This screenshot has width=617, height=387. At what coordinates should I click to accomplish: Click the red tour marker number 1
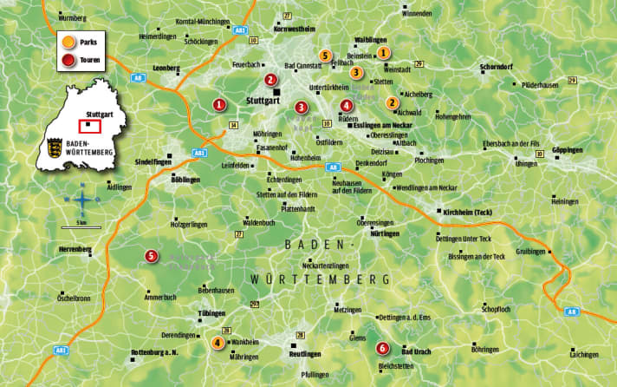(x=219, y=105)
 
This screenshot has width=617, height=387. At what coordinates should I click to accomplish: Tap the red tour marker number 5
(x=152, y=256)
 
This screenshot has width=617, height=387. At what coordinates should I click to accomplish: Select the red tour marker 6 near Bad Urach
(x=382, y=350)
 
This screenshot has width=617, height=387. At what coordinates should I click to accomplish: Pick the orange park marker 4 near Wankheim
(x=217, y=343)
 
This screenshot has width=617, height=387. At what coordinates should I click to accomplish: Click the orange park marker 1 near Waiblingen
(x=384, y=53)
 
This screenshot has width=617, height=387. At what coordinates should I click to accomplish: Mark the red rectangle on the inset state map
(x=90, y=126)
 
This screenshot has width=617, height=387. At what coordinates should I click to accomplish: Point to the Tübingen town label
(x=211, y=312)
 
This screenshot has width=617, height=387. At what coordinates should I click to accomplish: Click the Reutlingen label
(x=305, y=354)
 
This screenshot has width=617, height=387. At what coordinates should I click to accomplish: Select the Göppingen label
(x=568, y=150)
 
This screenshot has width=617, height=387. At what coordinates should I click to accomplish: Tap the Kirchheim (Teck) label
(x=467, y=213)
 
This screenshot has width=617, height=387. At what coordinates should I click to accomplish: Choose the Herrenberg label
(x=74, y=249)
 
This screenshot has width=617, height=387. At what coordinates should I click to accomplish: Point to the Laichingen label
(x=584, y=354)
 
